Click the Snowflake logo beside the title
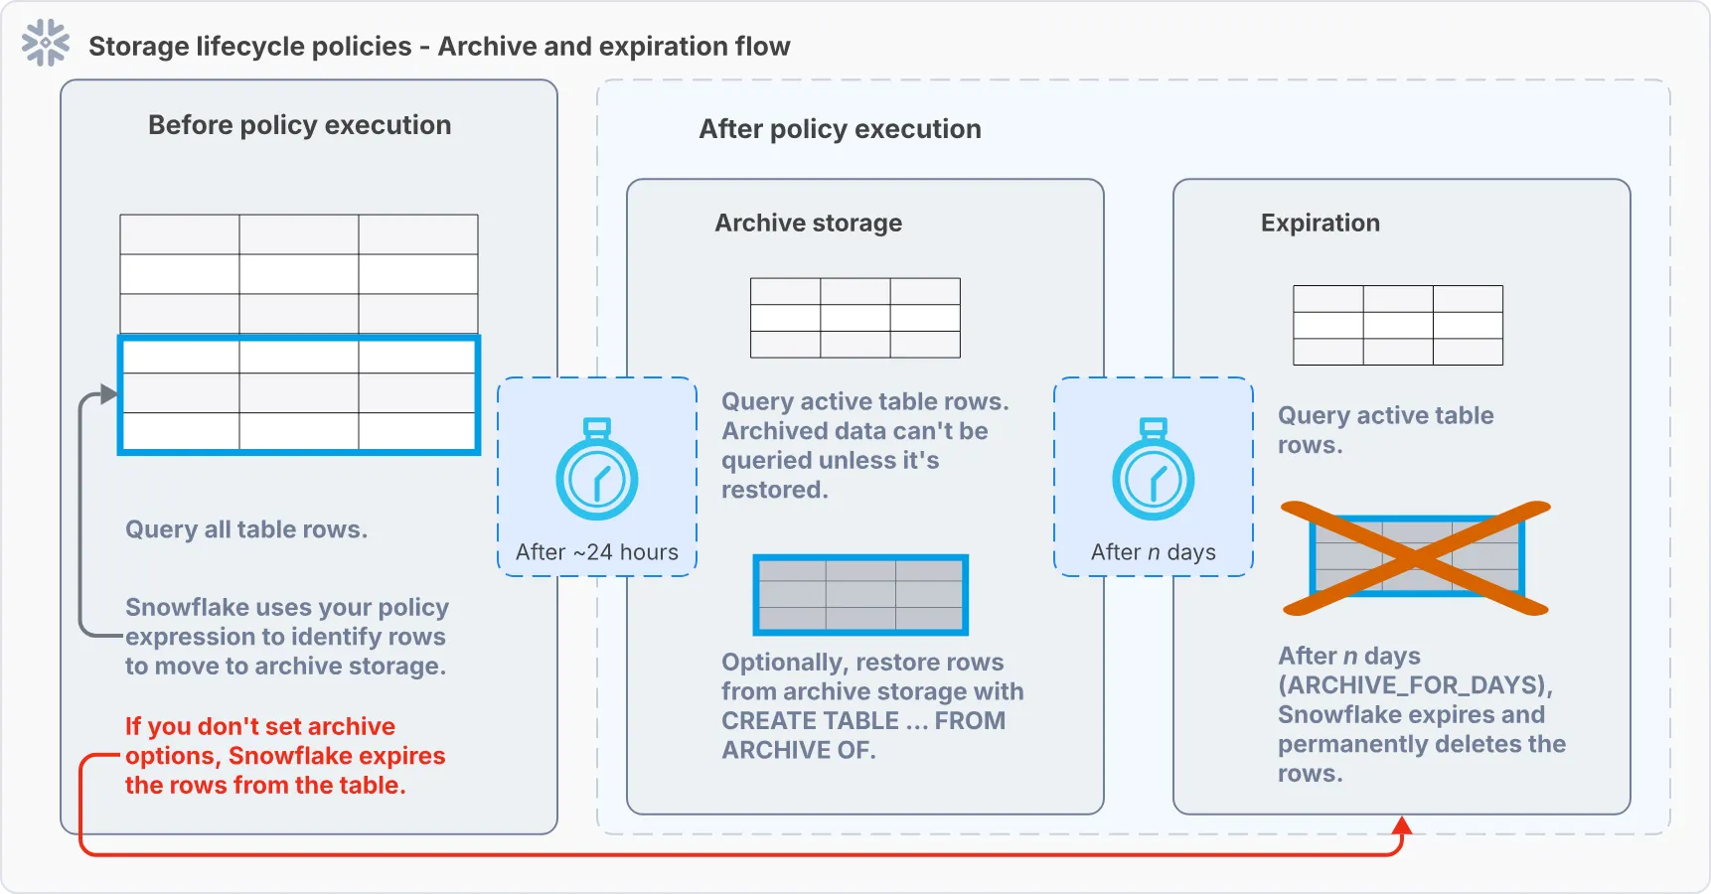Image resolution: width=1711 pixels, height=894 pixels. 46,44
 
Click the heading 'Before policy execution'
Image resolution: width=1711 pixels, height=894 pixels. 299,125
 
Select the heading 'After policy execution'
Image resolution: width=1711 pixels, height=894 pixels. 839,129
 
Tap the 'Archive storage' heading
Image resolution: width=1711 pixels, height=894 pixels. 808,223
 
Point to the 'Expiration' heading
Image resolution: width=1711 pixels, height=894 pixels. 1320,223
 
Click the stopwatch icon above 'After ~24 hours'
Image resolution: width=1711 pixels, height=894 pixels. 596,471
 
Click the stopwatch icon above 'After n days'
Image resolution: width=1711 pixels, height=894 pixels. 1153,471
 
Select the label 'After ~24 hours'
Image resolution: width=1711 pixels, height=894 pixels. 596,552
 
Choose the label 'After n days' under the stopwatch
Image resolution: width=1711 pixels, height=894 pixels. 1153,552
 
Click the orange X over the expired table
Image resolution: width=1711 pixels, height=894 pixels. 1416,558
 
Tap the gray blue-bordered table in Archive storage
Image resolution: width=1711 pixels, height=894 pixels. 860,595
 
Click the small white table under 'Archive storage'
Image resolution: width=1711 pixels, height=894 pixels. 855,318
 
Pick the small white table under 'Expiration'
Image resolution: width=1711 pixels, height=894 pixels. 1397,325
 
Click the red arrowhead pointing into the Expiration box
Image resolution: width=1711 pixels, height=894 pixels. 1402,825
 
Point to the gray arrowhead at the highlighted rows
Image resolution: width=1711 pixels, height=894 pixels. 109,394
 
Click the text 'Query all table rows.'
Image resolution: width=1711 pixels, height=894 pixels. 246,529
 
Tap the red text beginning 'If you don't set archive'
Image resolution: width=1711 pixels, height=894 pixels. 284,756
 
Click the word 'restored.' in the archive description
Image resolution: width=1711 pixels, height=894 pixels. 774,490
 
